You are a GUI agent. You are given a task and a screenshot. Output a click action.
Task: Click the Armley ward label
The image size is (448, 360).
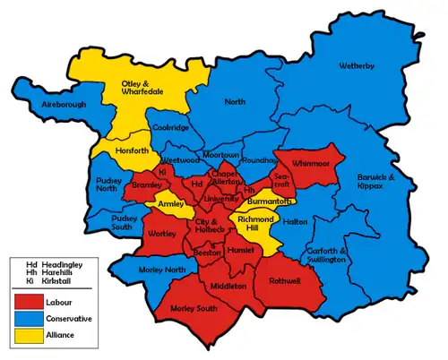pyautogui.click(x=170, y=204)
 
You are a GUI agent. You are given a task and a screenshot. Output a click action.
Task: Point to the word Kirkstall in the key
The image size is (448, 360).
pyautogui.click(x=56, y=280)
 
